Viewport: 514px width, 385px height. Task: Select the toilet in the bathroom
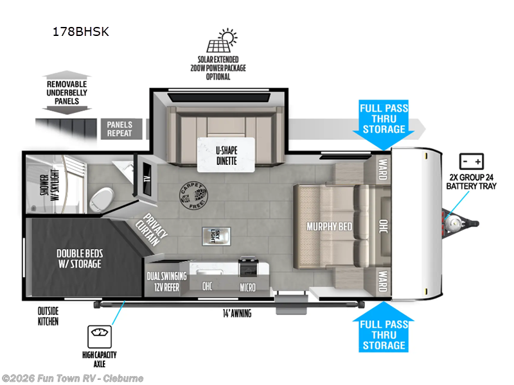102,194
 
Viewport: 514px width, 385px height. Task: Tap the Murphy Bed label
328,226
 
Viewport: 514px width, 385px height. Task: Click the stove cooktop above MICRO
249,266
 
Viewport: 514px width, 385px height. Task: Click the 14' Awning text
238,313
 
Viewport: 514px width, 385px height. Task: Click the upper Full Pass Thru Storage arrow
382,119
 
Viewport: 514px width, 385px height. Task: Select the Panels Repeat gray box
120,129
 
